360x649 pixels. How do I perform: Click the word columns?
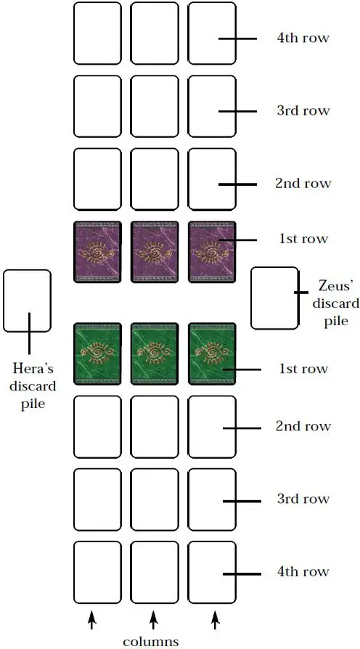tap(151, 641)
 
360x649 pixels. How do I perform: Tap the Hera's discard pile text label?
tap(33, 385)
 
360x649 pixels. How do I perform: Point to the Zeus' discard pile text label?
tap(335, 303)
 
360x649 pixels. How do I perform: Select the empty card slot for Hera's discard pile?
tap(28, 301)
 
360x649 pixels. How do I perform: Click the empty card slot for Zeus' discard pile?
tap(274, 298)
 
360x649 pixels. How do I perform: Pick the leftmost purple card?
tap(98, 252)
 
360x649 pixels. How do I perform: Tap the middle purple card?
tap(155, 252)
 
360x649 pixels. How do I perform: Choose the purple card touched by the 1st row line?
tap(212, 252)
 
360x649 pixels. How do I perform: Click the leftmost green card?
tap(98, 354)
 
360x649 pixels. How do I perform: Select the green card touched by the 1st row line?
tap(212, 354)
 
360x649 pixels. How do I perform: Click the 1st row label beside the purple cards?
tap(303, 239)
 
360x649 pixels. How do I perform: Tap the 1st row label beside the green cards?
tap(303, 369)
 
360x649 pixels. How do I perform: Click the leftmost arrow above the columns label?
tap(92, 621)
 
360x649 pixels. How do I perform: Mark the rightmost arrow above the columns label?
tap(215, 621)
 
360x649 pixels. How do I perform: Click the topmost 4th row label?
tap(303, 38)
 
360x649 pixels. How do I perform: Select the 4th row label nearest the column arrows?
tap(303, 571)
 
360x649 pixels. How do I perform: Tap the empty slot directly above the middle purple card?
tap(155, 179)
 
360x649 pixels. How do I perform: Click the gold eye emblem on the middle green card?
tap(155, 354)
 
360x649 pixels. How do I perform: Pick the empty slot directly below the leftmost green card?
tap(98, 427)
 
